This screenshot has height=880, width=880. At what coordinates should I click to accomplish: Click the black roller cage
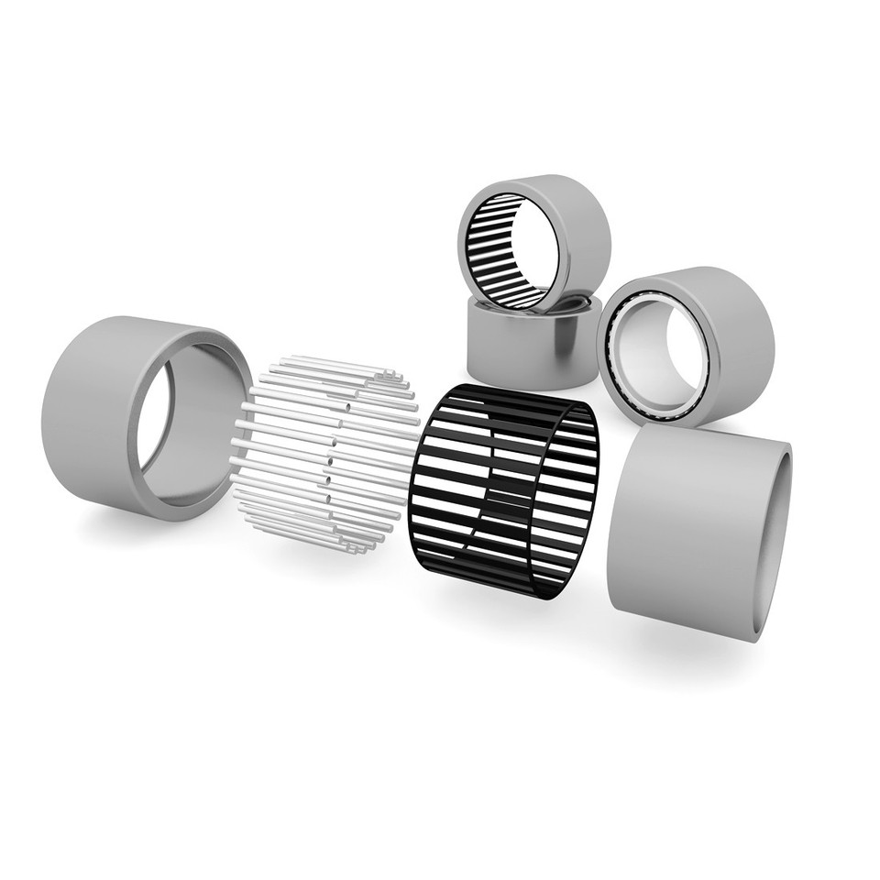coord(504,490)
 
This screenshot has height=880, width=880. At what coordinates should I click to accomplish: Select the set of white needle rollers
coord(325,454)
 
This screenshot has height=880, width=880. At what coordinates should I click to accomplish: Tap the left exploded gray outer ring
coord(92,412)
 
